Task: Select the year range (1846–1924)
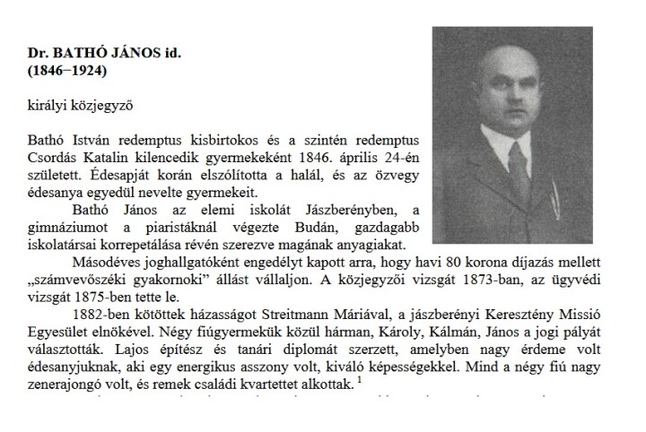click(68, 70)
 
